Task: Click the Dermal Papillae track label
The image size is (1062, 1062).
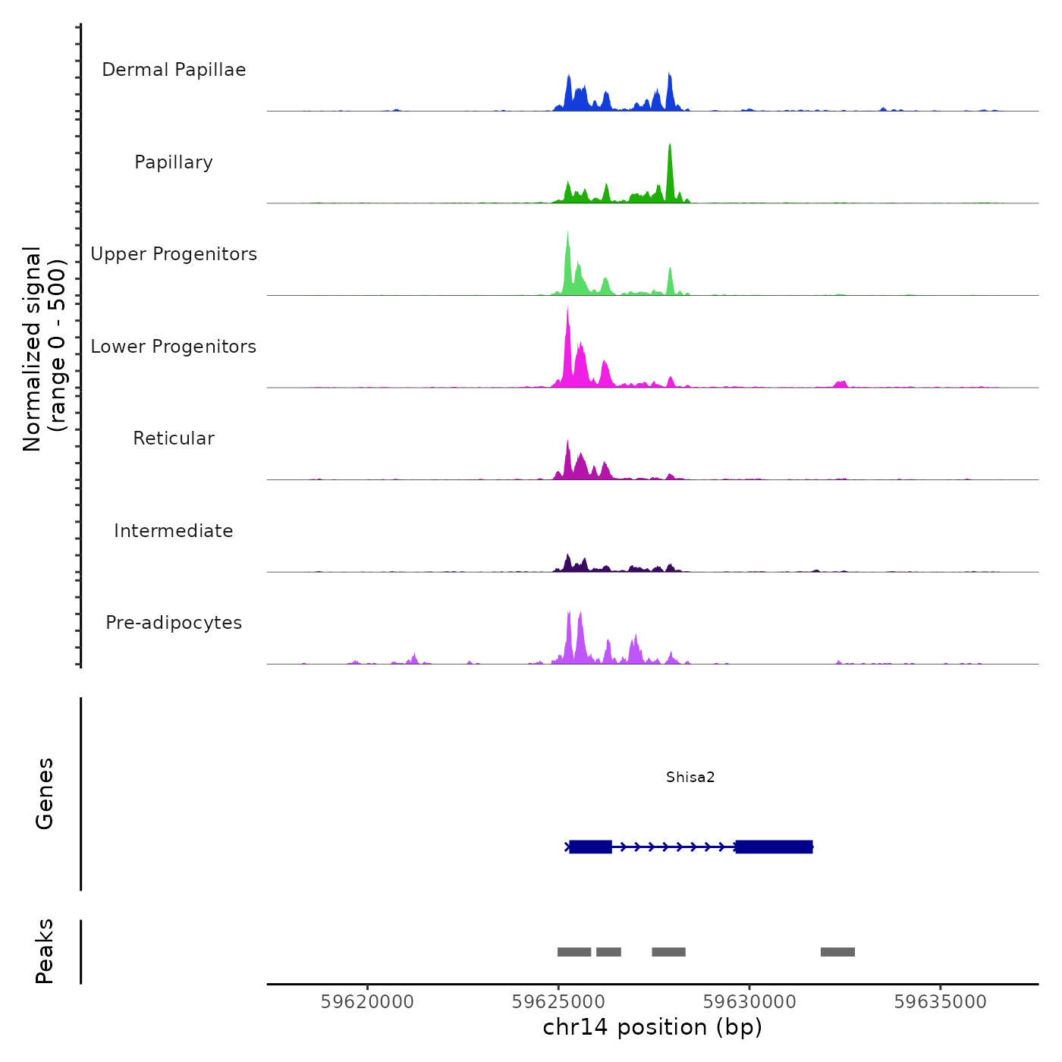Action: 174,70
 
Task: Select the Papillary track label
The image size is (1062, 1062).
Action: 174,162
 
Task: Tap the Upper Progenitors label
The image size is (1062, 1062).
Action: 174,254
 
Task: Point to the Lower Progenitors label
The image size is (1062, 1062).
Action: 174,347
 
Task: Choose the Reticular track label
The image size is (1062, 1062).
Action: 174,438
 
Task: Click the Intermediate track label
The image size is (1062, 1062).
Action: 174,531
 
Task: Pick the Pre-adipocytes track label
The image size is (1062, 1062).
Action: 174,623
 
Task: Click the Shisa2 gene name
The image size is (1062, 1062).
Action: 690,777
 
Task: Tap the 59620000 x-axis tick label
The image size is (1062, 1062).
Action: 367,1002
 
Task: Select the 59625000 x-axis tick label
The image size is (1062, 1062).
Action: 558,1002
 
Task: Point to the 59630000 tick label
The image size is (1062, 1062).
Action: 749,1002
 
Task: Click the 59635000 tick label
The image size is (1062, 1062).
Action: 941,1002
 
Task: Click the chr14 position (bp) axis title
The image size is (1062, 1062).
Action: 652,1027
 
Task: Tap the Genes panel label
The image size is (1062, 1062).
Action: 45,793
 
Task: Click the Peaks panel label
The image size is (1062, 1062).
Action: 45,951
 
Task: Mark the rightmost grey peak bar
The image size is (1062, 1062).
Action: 837,952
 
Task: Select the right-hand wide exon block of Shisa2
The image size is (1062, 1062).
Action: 774,847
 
